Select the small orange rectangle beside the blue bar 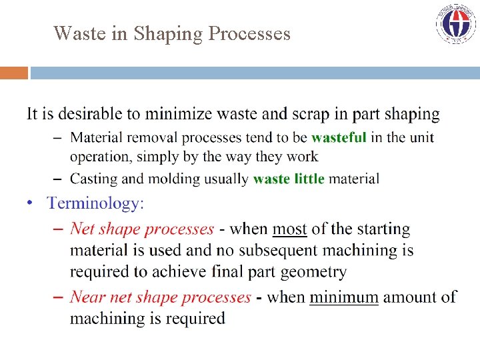(13, 73)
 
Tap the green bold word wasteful (339, 137)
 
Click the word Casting (93, 179)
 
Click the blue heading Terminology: (95, 203)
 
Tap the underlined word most (289, 229)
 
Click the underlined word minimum (343, 297)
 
